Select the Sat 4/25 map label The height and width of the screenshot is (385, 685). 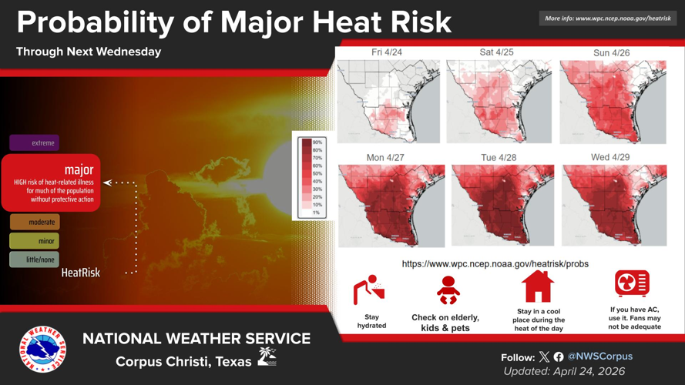(496, 52)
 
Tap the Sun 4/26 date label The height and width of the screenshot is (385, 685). (611, 53)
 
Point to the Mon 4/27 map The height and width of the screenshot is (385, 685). (391, 206)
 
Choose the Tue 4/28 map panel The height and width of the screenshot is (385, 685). (502, 206)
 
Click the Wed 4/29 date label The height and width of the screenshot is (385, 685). (610, 157)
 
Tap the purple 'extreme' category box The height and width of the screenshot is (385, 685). (35, 142)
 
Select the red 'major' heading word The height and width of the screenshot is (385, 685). (79, 169)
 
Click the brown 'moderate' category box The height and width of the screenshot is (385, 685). (35, 222)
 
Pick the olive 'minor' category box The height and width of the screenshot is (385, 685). (35, 241)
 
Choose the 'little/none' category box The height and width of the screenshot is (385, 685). (35, 259)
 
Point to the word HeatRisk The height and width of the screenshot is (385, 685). (81, 273)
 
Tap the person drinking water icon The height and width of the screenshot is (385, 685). (369, 290)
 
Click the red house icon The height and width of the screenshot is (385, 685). (538, 286)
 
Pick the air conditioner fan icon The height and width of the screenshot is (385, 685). (632, 283)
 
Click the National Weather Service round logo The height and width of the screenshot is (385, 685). (42, 350)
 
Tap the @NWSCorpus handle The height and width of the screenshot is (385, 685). (599, 357)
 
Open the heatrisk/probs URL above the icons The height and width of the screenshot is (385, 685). (495, 264)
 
